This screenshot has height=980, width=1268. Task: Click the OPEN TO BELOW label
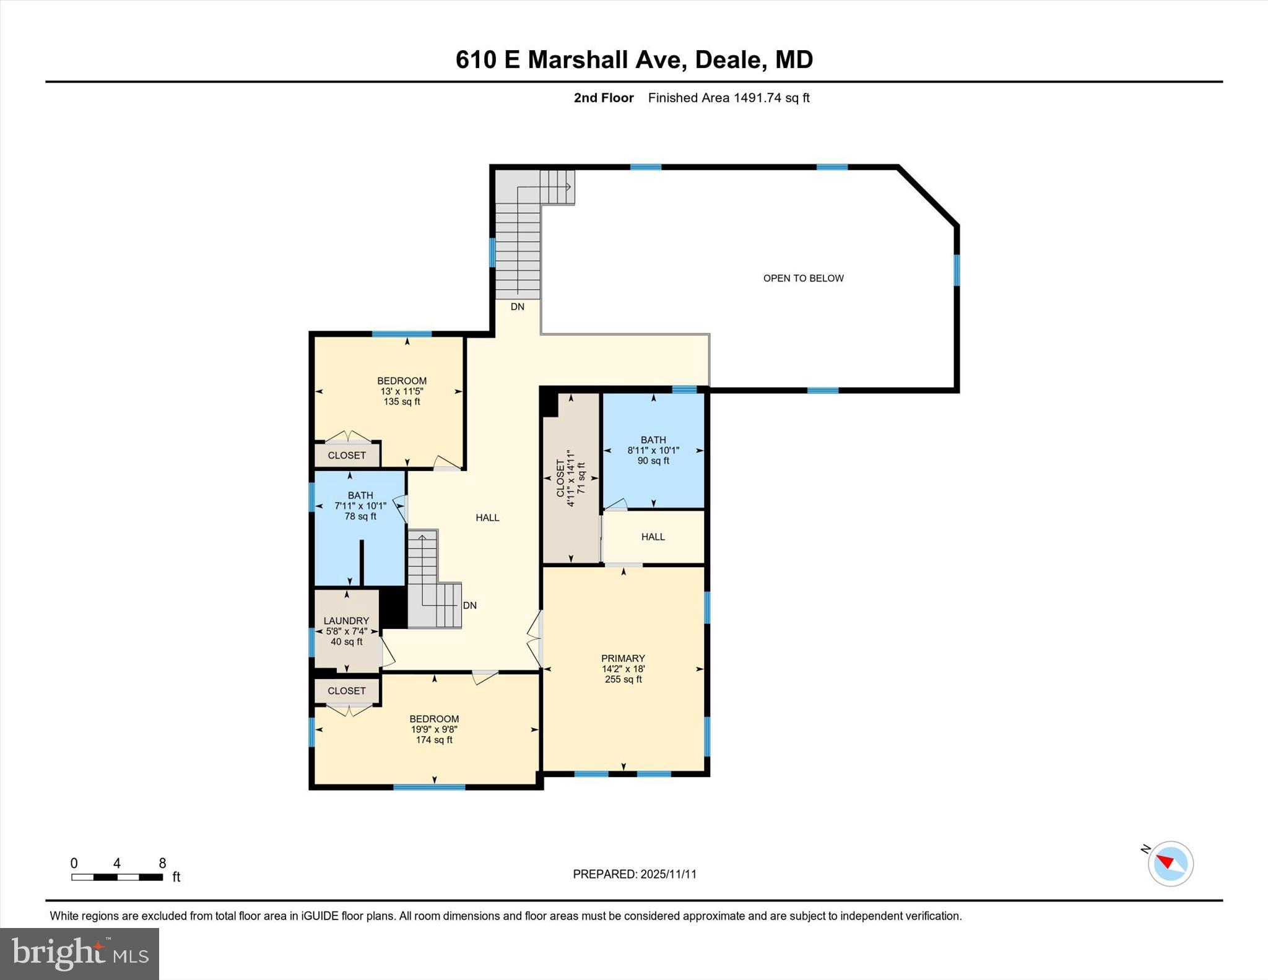(x=803, y=279)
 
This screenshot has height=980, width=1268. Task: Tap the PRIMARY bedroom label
(x=623, y=658)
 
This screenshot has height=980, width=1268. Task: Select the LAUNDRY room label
(x=346, y=620)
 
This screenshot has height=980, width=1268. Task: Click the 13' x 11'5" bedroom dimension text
(x=402, y=391)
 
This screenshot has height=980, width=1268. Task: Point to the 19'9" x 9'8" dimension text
(x=434, y=729)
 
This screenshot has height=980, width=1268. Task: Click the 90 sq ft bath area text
(x=653, y=461)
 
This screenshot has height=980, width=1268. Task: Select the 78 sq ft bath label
(x=360, y=516)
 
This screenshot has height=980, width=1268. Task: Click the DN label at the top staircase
(x=518, y=306)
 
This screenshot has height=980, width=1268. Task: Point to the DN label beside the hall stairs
(x=470, y=605)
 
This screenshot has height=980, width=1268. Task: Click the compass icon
(x=1170, y=864)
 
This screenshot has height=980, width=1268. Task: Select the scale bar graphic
(x=117, y=877)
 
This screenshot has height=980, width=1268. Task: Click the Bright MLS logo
(x=79, y=953)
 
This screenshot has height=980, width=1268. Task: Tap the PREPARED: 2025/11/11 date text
(x=635, y=874)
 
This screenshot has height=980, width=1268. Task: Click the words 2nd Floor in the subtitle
(x=604, y=98)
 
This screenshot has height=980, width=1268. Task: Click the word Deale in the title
(x=727, y=59)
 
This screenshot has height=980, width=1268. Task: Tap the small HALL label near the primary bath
(x=653, y=537)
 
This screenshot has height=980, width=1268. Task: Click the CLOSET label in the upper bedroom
(x=347, y=455)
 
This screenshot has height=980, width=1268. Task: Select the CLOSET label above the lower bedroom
(x=347, y=690)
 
